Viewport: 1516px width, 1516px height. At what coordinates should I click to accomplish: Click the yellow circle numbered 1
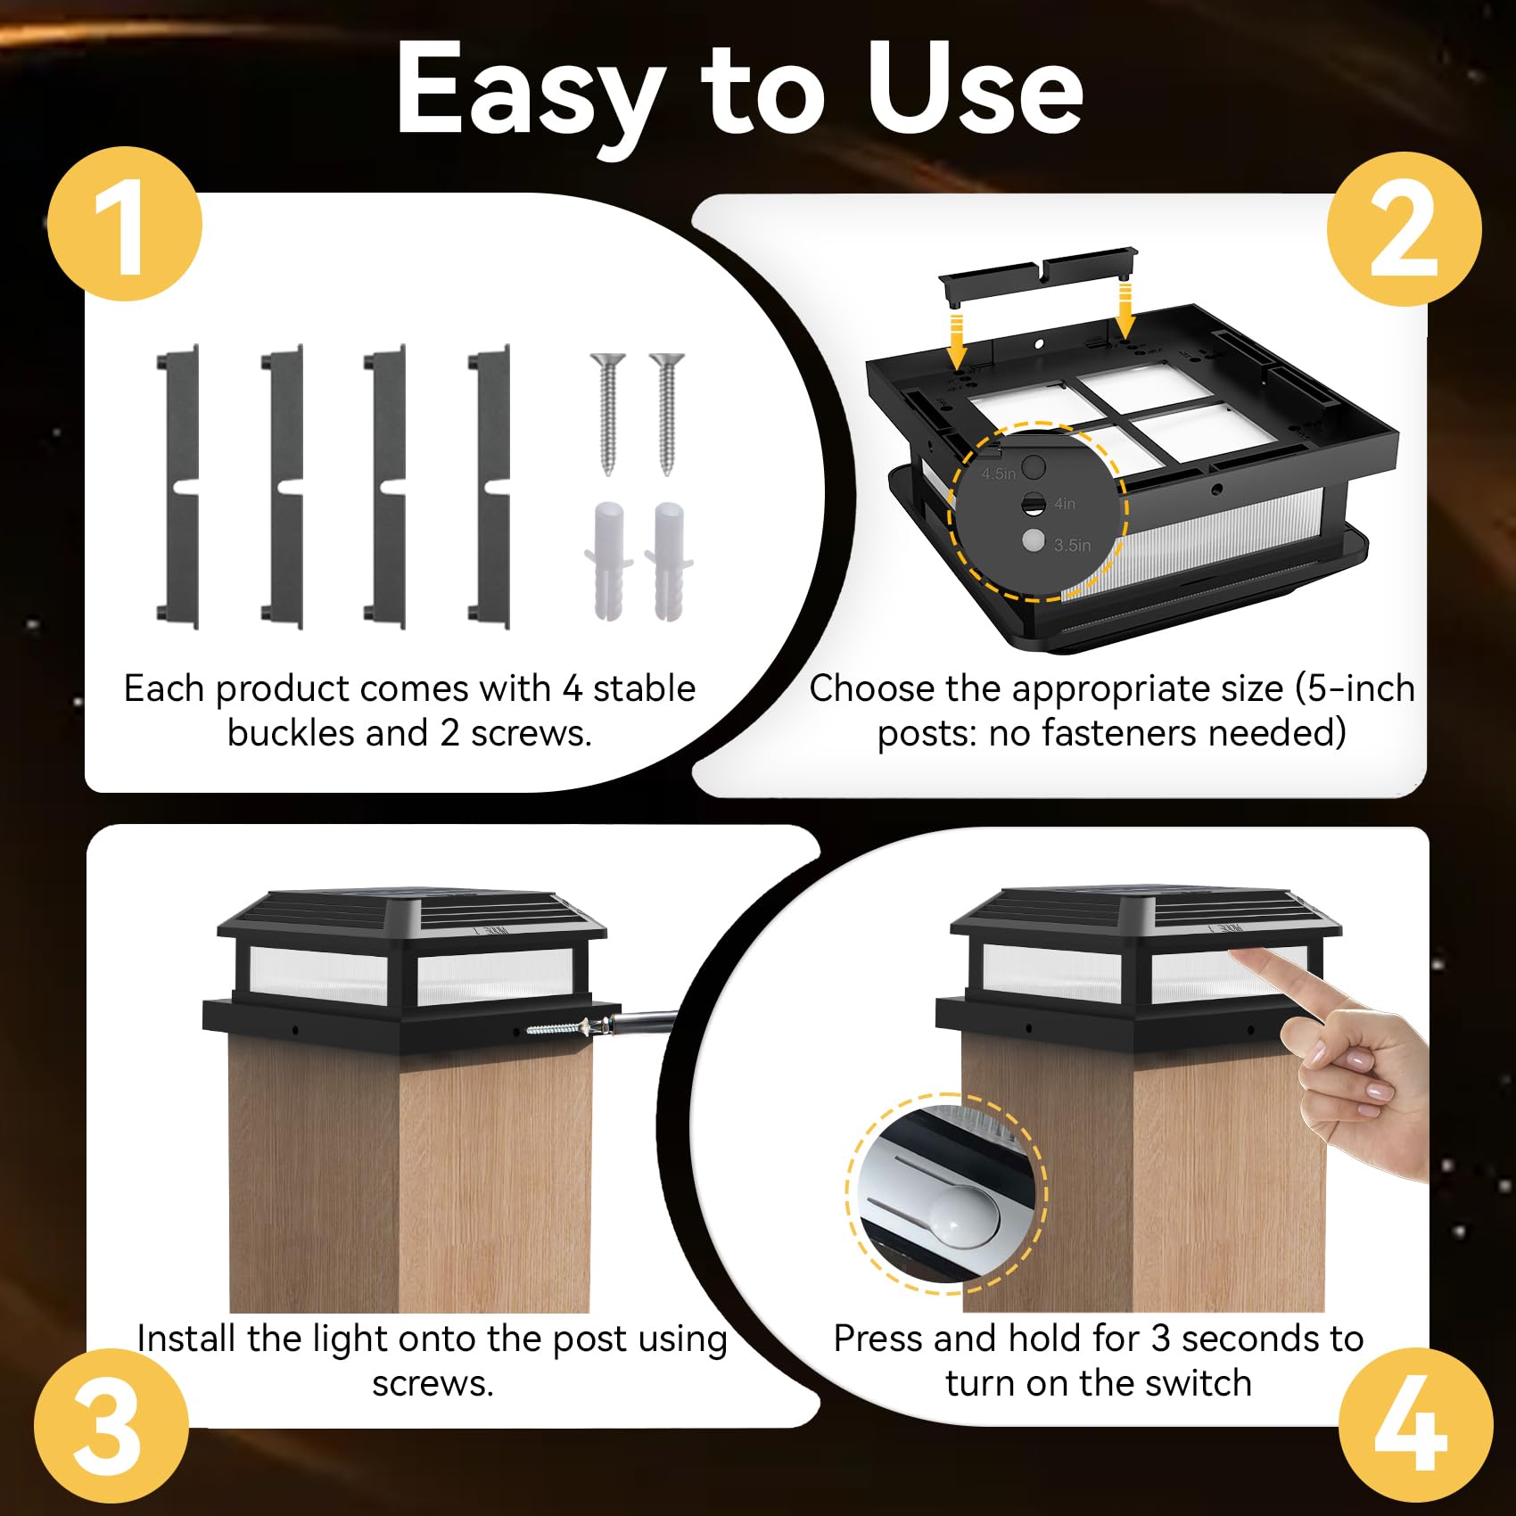[x=125, y=224]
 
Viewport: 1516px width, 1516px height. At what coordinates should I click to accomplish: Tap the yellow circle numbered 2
[x=1404, y=229]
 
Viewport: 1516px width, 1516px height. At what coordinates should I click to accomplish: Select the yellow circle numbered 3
[x=111, y=1426]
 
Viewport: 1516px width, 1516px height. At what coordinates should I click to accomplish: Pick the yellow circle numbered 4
[x=1416, y=1426]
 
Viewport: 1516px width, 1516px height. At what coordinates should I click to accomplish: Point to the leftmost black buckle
[x=178, y=487]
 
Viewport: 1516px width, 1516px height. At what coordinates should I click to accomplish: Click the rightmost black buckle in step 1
[x=489, y=487]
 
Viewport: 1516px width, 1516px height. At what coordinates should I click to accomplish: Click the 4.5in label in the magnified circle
[x=999, y=474]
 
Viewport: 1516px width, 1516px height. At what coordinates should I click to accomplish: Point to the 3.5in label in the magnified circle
[x=1072, y=545]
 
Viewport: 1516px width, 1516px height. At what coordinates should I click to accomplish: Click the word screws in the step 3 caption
[x=433, y=1383]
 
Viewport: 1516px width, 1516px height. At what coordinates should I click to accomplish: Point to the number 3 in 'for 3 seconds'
[x=1160, y=1339]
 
